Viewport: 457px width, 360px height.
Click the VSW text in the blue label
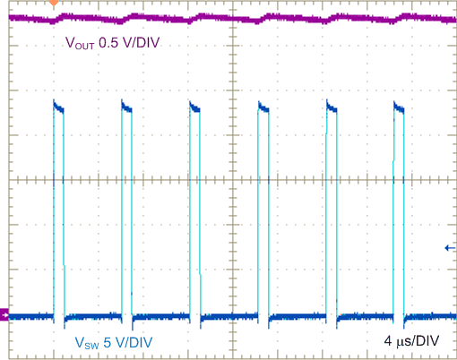85,341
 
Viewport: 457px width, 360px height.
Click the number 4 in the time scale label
388,340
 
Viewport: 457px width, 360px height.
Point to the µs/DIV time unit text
418,340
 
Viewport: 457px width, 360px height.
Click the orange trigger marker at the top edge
54,3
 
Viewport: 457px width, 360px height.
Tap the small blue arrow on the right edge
450,248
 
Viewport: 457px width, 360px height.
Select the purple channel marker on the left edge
4,314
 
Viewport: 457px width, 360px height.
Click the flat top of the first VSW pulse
59,109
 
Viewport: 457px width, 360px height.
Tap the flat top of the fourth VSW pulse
263,109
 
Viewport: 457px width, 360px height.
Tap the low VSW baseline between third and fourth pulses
229,315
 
